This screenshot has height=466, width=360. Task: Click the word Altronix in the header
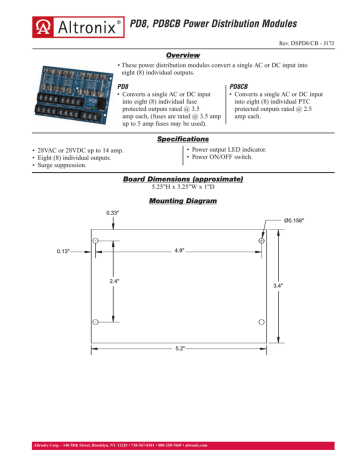[64, 18]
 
